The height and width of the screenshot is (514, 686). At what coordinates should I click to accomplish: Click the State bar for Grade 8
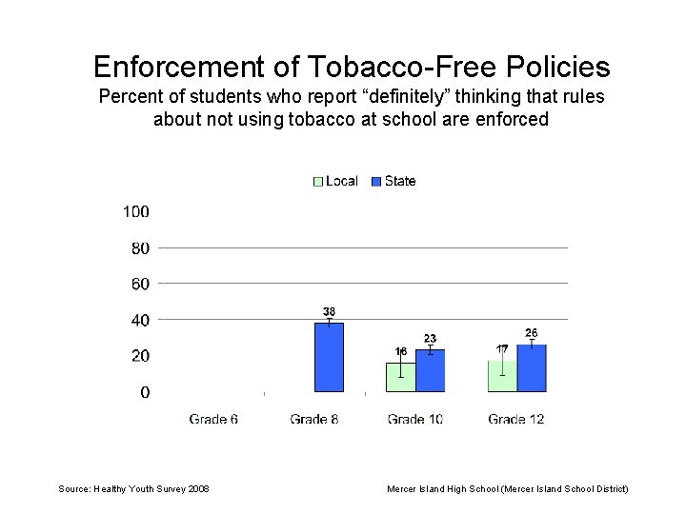coord(329,357)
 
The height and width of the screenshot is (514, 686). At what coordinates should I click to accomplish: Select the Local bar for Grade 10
coord(401,377)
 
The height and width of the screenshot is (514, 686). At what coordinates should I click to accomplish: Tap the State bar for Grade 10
coord(431,370)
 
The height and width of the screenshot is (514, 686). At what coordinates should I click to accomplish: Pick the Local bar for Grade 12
coord(502,376)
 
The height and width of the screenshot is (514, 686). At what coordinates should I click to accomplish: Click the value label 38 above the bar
coord(329,311)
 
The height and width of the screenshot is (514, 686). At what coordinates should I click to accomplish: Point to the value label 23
coord(431,338)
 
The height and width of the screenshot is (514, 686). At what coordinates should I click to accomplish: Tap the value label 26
coord(532,332)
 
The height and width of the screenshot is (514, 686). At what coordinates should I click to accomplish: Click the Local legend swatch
coord(318,181)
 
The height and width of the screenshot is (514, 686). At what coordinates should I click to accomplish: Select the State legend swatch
coord(376,181)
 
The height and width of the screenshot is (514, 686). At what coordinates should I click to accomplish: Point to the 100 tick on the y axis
coord(135,211)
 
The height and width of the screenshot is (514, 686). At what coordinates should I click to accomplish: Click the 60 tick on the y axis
coord(140,284)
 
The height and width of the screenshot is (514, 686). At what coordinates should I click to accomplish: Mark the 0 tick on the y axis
coord(145,392)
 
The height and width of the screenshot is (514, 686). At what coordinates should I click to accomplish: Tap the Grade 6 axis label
coord(213,419)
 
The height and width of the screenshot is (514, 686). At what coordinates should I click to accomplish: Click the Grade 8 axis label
coord(314,419)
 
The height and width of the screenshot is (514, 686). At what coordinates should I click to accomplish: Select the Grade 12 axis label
coord(516,419)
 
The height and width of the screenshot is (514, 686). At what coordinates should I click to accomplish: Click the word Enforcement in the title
coord(181,67)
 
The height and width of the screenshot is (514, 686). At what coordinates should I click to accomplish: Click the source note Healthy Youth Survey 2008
coord(134,488)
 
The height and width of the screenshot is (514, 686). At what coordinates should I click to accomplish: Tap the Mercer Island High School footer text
coord(507,488)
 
